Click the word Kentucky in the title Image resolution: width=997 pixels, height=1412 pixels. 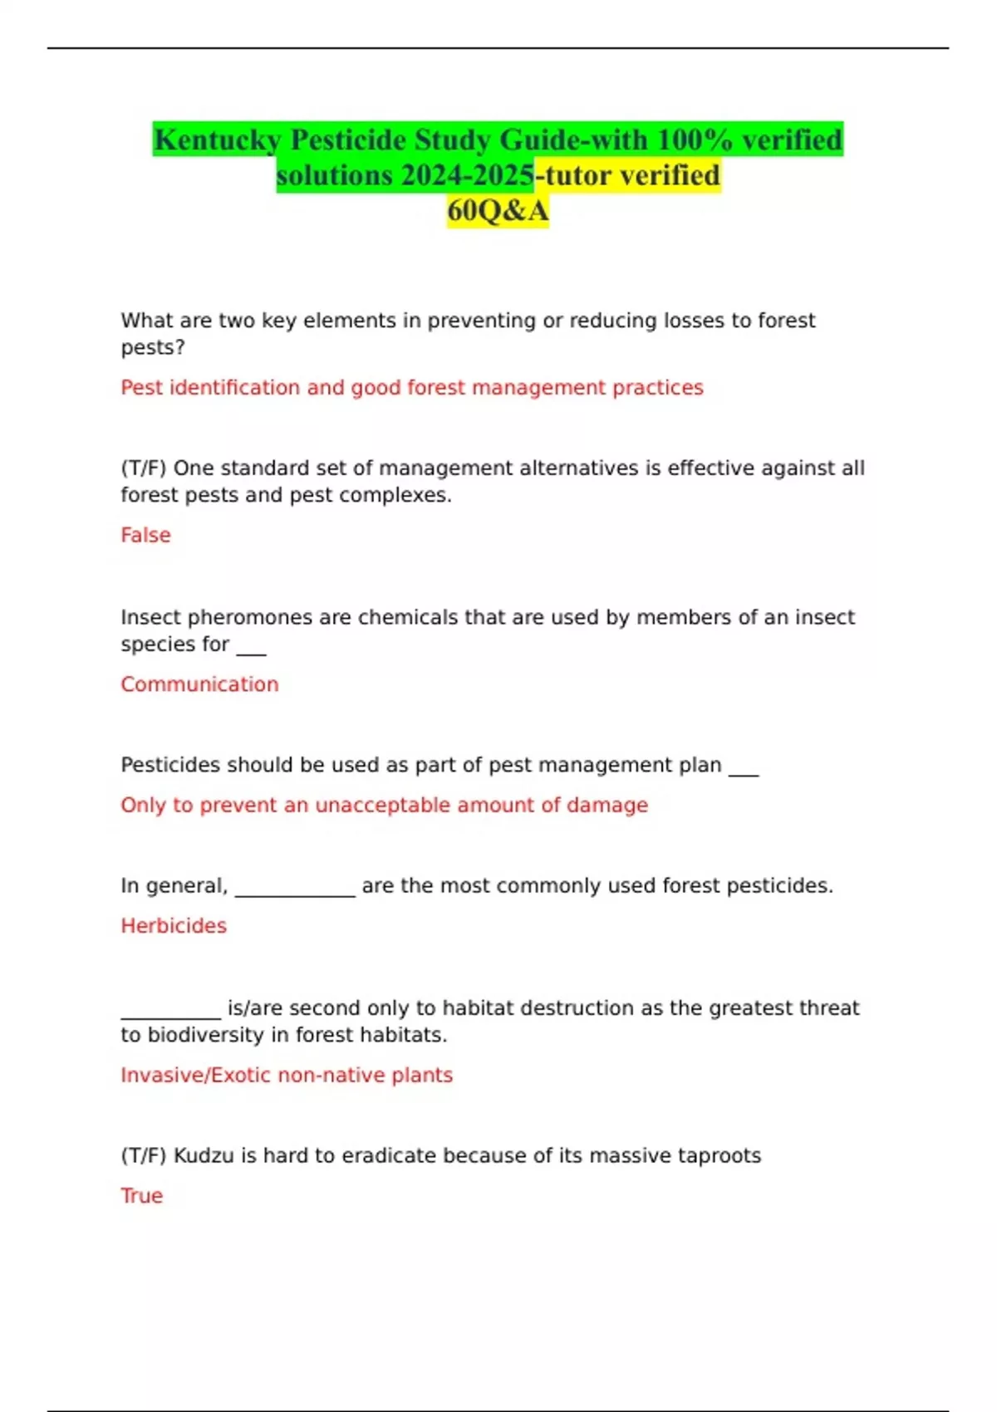(218, 140)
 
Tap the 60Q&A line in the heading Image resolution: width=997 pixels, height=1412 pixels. (498, 211)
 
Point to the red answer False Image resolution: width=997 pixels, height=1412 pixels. (145, 535)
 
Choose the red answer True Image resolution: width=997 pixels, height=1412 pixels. (141, 1195)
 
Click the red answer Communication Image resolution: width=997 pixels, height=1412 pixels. (199, 684)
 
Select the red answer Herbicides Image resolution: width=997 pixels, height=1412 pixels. (174, 925)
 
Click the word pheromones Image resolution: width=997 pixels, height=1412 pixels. (250, 617)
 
